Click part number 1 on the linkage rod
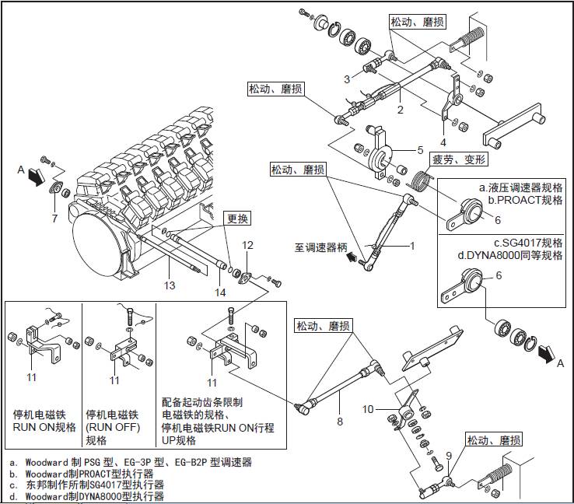(x=412, y=246)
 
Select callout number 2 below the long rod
(x=400, y=110)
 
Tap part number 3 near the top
(x=348, y=79)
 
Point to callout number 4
(x=443, y=142)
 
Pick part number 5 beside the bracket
(x=420, y=150)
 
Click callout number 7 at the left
(x=54, y=219)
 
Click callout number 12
(x=247, y=246)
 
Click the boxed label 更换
(x=236, y=218)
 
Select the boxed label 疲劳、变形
(x=459, y=159)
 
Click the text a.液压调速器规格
(x=520, y=188)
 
